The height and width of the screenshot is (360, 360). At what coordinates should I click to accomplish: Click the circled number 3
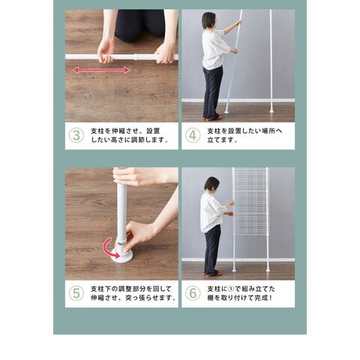pyautogui.click(x=76, y=136)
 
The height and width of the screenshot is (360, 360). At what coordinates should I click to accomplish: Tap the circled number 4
pyautogui.click(x=193, y=136)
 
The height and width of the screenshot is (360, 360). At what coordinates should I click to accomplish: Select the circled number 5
pyautogui.click(x=76, y=293)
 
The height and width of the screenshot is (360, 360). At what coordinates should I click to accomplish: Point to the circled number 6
pyautogui.click(x=193, y=293)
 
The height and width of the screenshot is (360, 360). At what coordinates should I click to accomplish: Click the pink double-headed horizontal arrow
pyautogui.click(x=101, y=70)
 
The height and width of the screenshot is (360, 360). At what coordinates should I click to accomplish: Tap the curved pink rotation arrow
pyautogui.click(x=110, y=248)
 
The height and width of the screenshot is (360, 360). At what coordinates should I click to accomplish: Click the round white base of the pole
pyautogui.click(x=121, y=256)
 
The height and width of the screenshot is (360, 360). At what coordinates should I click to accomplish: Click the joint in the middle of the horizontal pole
pyautogui.click(x=135, y=57)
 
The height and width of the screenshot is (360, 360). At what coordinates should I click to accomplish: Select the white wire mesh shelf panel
pyautogui.click(x=251, y=201)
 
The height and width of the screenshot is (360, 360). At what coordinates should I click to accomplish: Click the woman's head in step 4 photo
pyautogui.click(x=208, y=20)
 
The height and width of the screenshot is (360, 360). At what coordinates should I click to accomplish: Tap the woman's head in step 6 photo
pyautogui.click(x=211, y=184)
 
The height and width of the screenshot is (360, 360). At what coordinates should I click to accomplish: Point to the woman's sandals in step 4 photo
pyautogui.click(x=213, y=118)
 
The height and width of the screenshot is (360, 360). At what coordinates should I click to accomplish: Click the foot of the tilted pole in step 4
pyautogui.click(x=226, y=110)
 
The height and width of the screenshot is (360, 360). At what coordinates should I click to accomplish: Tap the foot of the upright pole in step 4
pyautogui.click(x=271, y=109)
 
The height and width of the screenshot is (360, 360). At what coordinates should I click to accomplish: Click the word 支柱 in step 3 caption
pyautogui.click(x=97, y=131)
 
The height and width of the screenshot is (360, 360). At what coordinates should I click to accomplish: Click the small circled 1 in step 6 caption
pyautogui.click(x=231, y=289)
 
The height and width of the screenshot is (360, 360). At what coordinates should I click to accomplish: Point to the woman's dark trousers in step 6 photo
pyautogui.click(x=212, y=250)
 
